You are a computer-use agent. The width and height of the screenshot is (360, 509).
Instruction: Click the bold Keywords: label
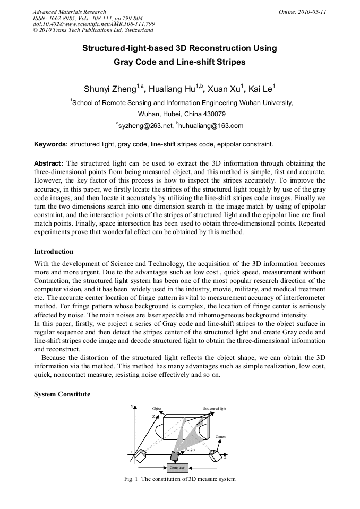coord(51,144)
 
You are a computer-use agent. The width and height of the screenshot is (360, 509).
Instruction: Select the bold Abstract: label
coord(49,163)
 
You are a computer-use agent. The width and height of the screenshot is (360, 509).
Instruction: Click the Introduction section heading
coord(54,251)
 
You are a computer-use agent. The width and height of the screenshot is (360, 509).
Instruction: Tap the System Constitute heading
coord(62,394)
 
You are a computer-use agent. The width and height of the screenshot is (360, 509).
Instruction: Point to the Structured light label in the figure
coord(215,409)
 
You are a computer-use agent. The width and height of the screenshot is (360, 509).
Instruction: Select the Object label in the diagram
coord(157,409)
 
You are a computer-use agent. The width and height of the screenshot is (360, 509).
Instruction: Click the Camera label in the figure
coord(221,436)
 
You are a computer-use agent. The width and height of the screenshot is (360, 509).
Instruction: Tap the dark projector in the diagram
coord(174,455)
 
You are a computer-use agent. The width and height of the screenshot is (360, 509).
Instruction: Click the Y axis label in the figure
coord(131,407)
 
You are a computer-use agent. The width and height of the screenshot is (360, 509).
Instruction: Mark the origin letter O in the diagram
coord(132,452)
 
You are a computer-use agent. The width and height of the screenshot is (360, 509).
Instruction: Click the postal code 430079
coord(215,114)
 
